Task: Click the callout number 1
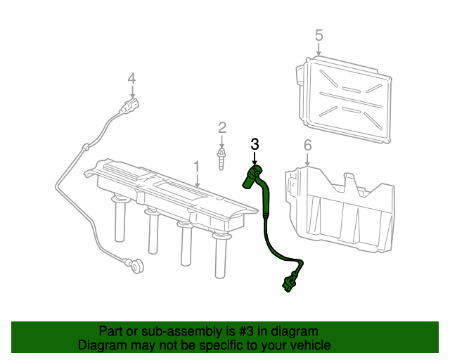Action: click(197, 167)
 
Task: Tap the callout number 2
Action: click(222, 127)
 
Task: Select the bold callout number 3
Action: click(255, 143)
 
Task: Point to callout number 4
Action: click(131, 78)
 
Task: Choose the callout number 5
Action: click(319, 34)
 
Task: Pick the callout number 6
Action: click(307, 146)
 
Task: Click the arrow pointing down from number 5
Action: click(319, 50)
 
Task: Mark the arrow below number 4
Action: click(131, 91)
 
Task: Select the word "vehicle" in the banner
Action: click(310, 345)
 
